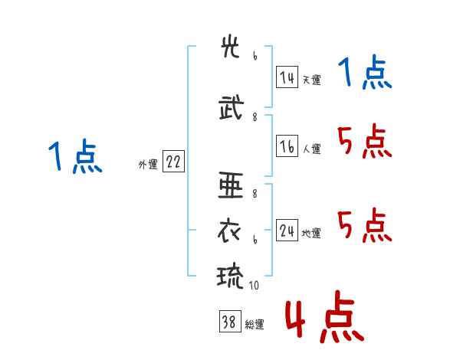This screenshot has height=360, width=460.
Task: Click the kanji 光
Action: click(x=230, y=47)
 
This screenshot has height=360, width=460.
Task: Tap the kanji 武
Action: click(x=232, y=107)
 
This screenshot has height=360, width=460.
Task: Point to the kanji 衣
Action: click(x=229, y=231)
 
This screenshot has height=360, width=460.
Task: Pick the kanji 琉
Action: click(x=230, y=277)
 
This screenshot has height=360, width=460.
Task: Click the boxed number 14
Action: click(x=287, y=77)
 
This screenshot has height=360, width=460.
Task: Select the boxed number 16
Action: click(x=287, y=146)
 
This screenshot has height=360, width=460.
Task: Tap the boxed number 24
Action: click(x=287, y=230)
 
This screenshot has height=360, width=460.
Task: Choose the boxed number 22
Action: click(x=173, y=162)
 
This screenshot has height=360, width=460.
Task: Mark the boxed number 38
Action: click(x=230, y=321)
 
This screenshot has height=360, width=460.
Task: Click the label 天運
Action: click(x=311, y=80)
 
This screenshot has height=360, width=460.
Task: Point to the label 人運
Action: click(x=311, y=149)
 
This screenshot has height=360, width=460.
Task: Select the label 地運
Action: click(x=311, y=233)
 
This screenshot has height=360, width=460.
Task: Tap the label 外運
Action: click(x=148, y=165)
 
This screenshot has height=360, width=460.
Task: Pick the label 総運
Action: click(x=255, y=325)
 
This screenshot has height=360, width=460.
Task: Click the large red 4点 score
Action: click(x=325, y=317)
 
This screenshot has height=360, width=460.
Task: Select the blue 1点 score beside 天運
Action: click(x=365, y=71)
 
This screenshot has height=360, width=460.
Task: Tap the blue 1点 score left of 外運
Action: click(x=75, y=155)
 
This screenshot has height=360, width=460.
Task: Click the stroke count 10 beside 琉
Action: click(x=254, y=285)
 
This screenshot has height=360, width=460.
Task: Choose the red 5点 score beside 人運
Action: click(x=365, y=141)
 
